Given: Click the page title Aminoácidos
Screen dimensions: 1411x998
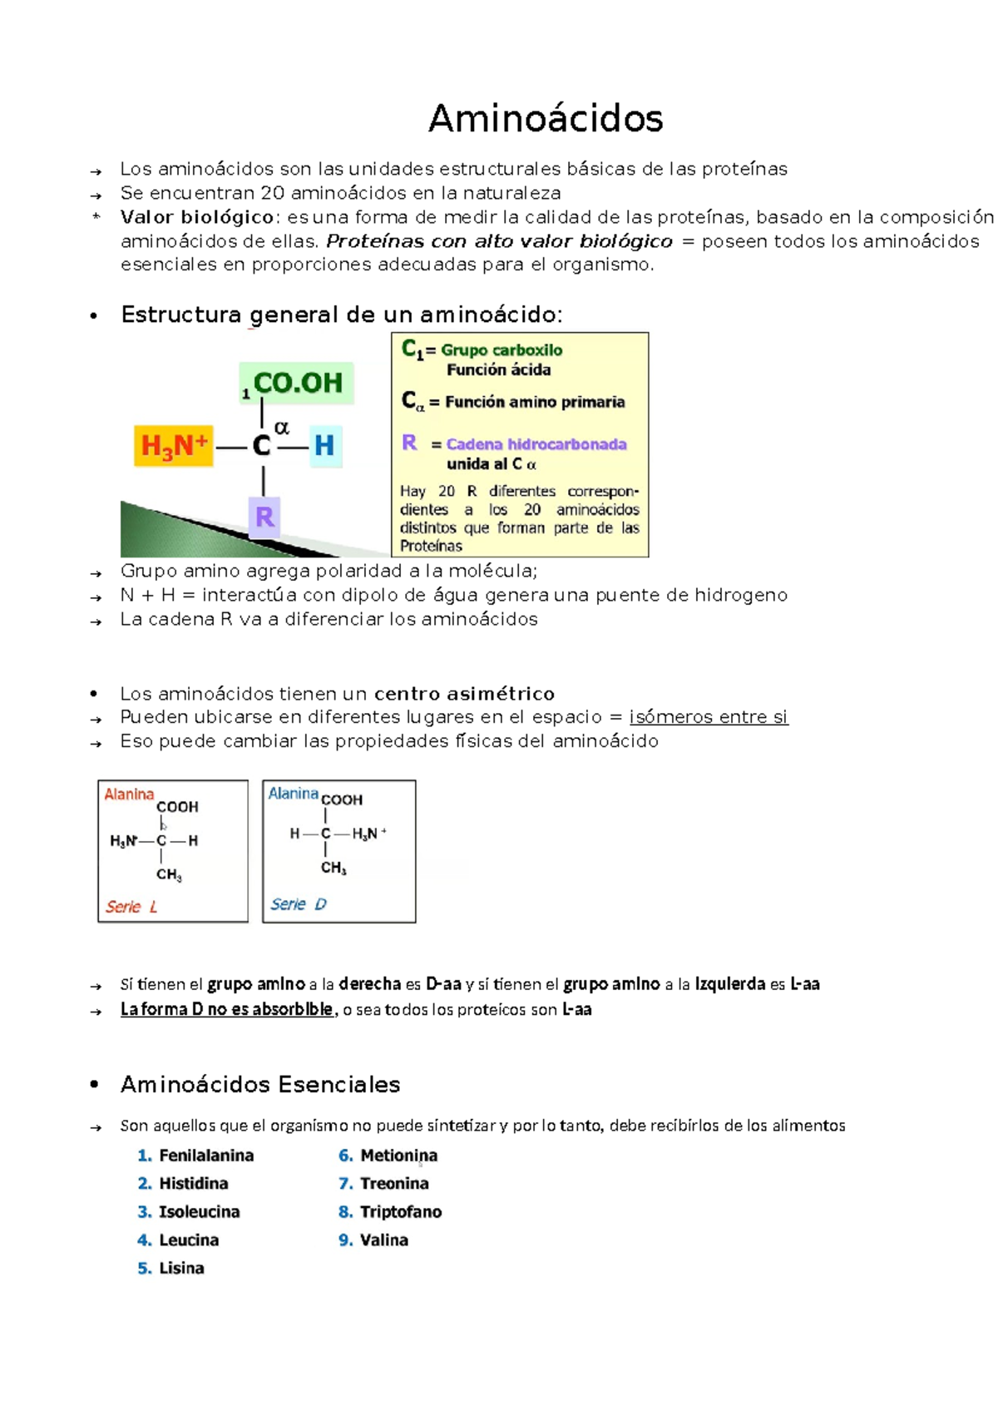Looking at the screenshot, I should coord(546,118).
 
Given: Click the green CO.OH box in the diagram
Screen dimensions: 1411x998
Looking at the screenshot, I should coord(297,383).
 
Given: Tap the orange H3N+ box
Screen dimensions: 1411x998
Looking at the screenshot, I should coord(174,445).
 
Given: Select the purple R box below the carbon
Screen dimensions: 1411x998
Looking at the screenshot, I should coord(264,517).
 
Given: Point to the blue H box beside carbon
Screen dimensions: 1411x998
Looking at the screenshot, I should coord(324,445).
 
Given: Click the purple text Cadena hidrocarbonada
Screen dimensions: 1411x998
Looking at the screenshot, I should coord(536,444).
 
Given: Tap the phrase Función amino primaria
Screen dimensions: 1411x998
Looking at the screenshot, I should coord(534,402).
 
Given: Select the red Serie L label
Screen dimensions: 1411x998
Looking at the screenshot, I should coord(131,907).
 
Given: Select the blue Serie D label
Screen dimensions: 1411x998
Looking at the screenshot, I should coord(298,904).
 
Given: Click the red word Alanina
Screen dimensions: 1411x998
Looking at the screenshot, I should coord(129,795).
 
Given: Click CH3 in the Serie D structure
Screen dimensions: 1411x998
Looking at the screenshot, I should coord(333,868).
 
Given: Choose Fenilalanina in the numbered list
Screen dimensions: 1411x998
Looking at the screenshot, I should coord(206,1156).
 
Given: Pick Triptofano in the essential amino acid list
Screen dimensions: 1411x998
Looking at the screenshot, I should coord(400,1212).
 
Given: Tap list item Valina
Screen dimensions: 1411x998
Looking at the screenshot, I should coord(383,1240).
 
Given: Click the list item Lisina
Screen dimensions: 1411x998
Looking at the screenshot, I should coord(181,1269).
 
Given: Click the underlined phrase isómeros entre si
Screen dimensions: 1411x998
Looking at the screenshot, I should coord(708,717).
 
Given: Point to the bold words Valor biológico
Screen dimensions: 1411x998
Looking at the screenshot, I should coord(197,217).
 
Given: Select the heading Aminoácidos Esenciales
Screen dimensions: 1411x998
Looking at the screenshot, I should coord(260,1085).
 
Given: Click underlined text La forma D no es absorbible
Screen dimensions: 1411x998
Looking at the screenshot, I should coord(226,1010).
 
